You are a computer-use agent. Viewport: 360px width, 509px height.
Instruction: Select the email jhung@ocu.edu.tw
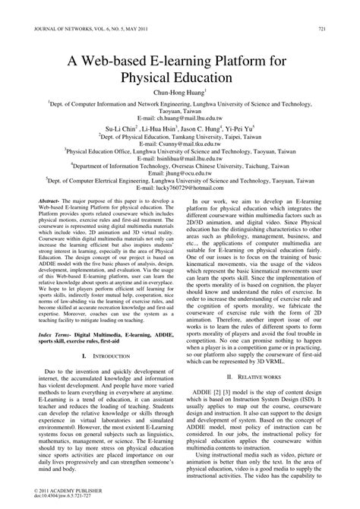180,202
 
